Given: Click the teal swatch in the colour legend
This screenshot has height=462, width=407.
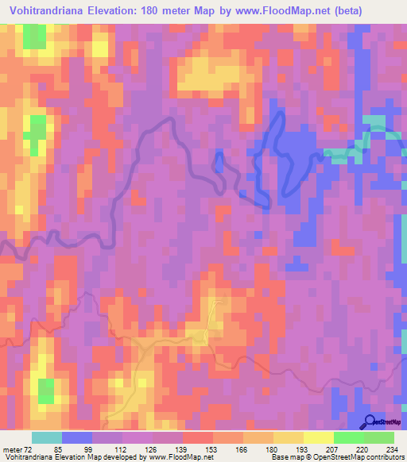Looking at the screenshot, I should (47, 438).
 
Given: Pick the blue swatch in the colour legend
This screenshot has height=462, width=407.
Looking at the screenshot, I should (77, 438).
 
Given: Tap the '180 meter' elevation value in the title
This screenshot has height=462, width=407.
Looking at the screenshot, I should (171, 11).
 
